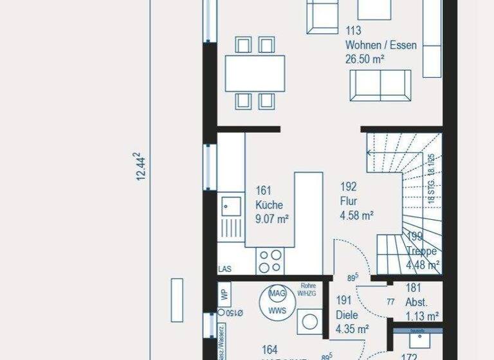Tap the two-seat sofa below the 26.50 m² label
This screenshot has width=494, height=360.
pyautogui.click(x=380, y=85)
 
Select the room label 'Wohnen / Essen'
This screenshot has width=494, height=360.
pyautogui.click(x=381, y=46)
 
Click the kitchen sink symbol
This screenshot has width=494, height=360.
pyautogui.click(x=231, y=206)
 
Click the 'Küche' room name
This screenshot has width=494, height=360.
pyautogui.click(x=269, y=205)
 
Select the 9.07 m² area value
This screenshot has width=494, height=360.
pyautogui.click(x=271, y=219)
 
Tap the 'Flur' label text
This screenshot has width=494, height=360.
pyautogui.click(x=349, y=201)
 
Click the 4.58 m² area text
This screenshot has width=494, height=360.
pyautogui.click(x=357, y=215)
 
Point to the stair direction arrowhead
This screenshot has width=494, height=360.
pyautogui.click(x=370, y=153)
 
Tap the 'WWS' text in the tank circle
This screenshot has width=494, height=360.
pyautogui.click(x=277, y=310)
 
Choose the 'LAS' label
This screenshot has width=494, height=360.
pyautogui.click(x=225, y=269)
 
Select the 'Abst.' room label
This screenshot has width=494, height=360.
pyautogui.click(x=417, y=302)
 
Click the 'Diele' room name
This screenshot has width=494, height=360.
pyautogui.click(x=348, y=315)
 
